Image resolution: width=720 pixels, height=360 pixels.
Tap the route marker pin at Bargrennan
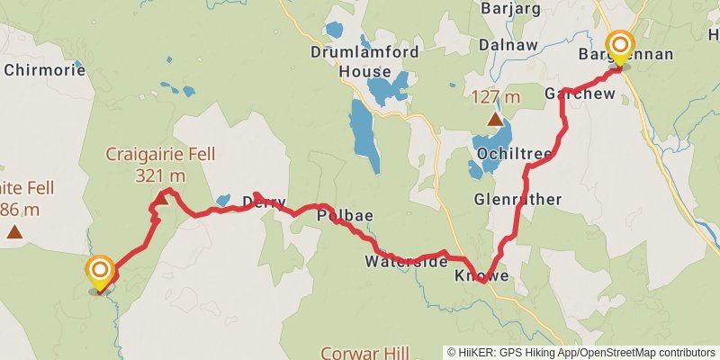[x=619, y=46]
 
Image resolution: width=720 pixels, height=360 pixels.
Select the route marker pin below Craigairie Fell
[x=99, y=273]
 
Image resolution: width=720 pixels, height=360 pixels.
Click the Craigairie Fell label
[x=160, y=154]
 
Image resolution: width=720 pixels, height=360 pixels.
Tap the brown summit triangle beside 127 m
[x=494, y=119]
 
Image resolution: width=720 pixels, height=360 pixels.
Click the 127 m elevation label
[x=496, y=96]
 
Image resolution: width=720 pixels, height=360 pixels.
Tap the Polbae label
[x=345, y=216]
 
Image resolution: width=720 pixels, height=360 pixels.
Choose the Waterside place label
[x=406, y=262]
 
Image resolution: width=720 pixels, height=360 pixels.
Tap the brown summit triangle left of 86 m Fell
[x=14, y=232]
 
